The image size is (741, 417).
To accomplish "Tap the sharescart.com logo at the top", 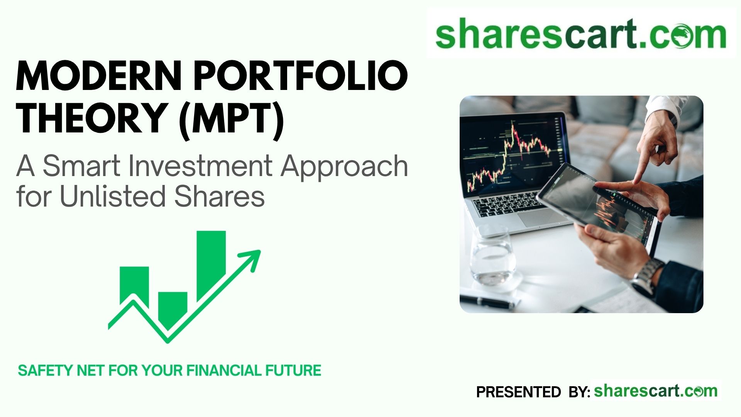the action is (581, 34).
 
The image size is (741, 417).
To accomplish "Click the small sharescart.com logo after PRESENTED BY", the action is (656, 391).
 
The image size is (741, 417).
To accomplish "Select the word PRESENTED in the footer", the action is (519, 392).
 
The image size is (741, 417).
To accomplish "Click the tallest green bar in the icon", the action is (211, 266).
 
